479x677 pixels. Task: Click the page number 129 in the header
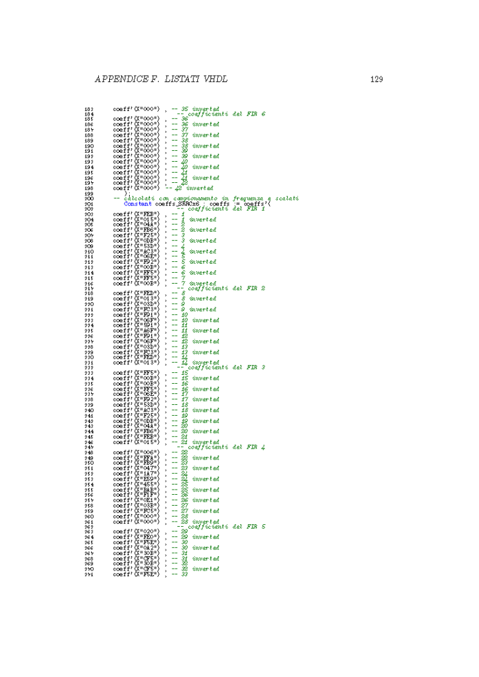click(377, 80)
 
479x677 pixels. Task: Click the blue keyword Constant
click(138, 204)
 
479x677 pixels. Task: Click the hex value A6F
click(152, 330)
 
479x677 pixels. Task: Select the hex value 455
click(152, 484)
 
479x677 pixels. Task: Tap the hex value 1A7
click(152, 474)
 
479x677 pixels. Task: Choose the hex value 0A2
click(152, 547)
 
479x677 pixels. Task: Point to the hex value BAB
click(152, 490)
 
